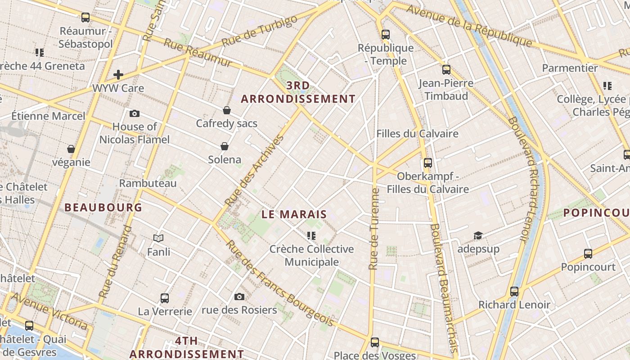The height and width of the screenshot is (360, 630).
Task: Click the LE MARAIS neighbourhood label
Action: coord(294,215)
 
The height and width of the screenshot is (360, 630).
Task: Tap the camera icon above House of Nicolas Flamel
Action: coord(134,114)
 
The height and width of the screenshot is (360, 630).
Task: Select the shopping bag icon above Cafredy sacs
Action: coord(227,110)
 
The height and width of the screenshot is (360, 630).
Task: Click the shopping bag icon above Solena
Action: coord(225,146)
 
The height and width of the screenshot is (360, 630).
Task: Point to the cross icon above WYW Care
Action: coord(118,75)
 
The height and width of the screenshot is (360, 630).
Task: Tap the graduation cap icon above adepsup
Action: coord(478,235)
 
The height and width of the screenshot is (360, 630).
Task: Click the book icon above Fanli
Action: coord(158,238)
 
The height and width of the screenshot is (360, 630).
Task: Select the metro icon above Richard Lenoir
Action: coord(514,292)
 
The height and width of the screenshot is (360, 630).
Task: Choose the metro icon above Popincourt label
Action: coord(588,254)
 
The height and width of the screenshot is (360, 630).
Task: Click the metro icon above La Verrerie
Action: coord(165,298)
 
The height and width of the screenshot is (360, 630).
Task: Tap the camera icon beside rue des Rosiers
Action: coord(239,297)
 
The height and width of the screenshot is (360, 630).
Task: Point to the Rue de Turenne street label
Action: coord(373,229)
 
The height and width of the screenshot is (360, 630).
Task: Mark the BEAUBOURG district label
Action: coord(103,207)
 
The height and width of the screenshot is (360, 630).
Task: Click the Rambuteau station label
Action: coord(148,183)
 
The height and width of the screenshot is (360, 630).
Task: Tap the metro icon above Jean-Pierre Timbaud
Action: coord(446,70)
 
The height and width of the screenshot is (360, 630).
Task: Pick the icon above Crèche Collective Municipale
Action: coord(311,236)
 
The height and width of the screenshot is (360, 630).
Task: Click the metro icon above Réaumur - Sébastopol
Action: coord(85,18)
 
